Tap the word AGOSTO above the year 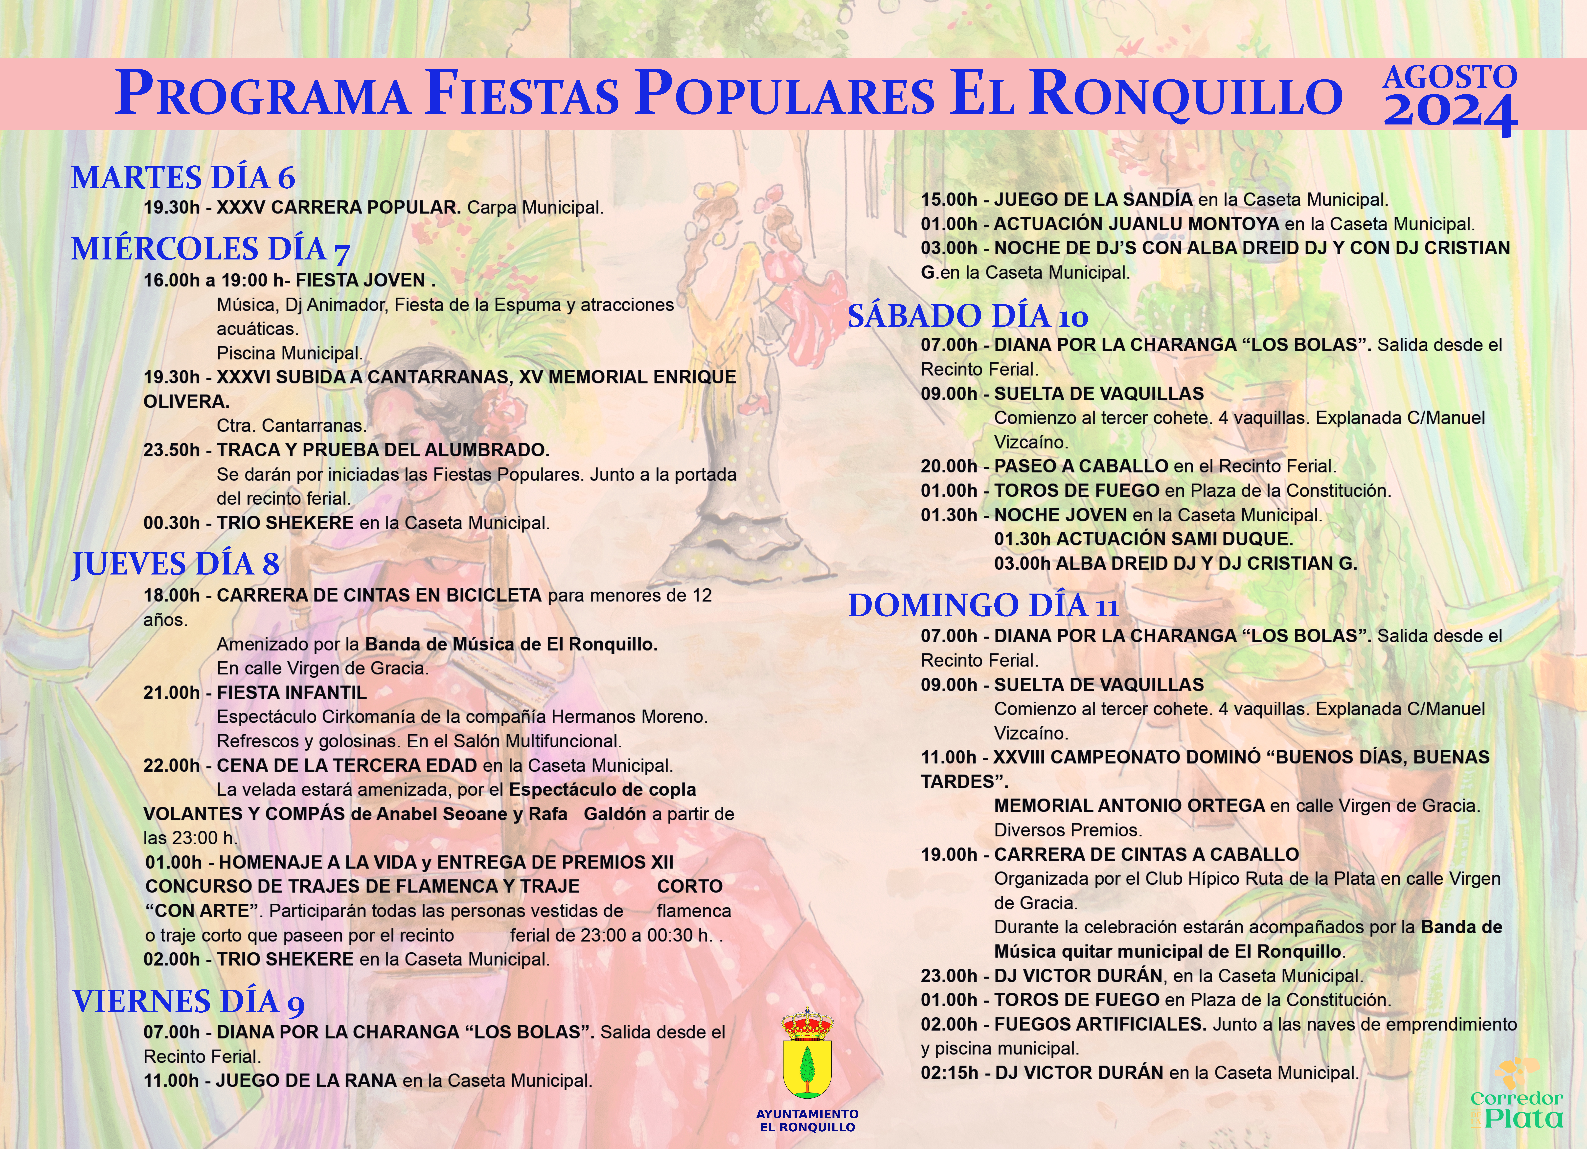(x=1450, y=77)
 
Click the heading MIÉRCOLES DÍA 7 (x=210, y=249)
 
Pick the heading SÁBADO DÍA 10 (x=968, y=316)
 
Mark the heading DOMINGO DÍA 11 (x=983, y=605)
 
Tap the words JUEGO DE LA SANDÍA (x=1093, y=199)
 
